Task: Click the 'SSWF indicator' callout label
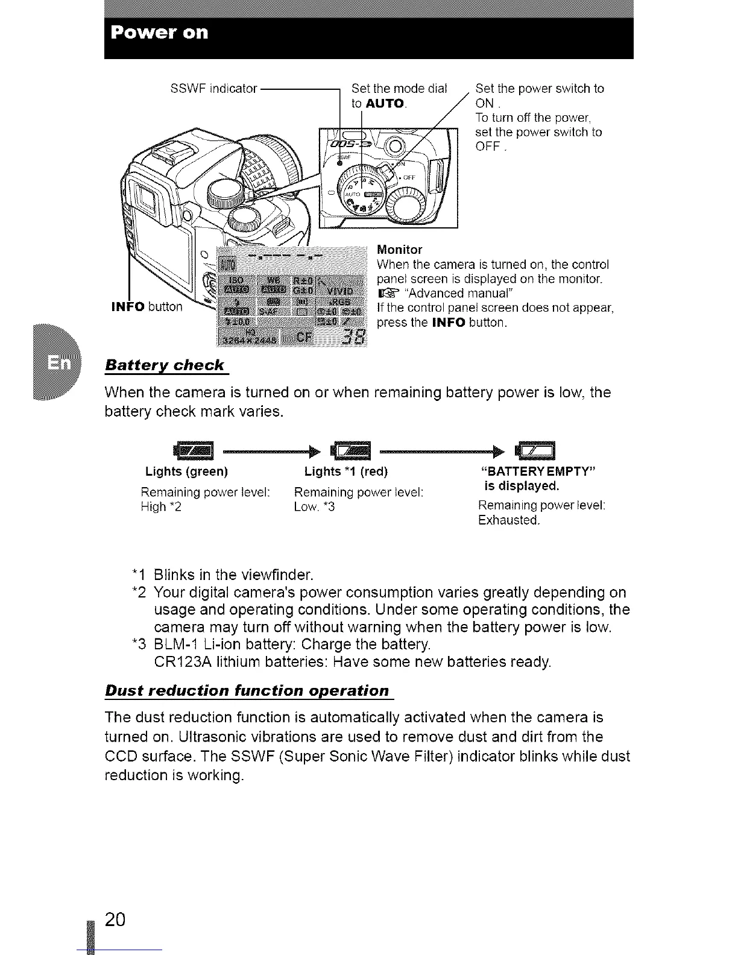[214, 89]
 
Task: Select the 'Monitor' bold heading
[399, 250]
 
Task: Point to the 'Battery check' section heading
[165, 365]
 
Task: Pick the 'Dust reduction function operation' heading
[247, 690]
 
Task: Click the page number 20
[115, 919]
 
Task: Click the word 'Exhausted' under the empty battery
[508, 520]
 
